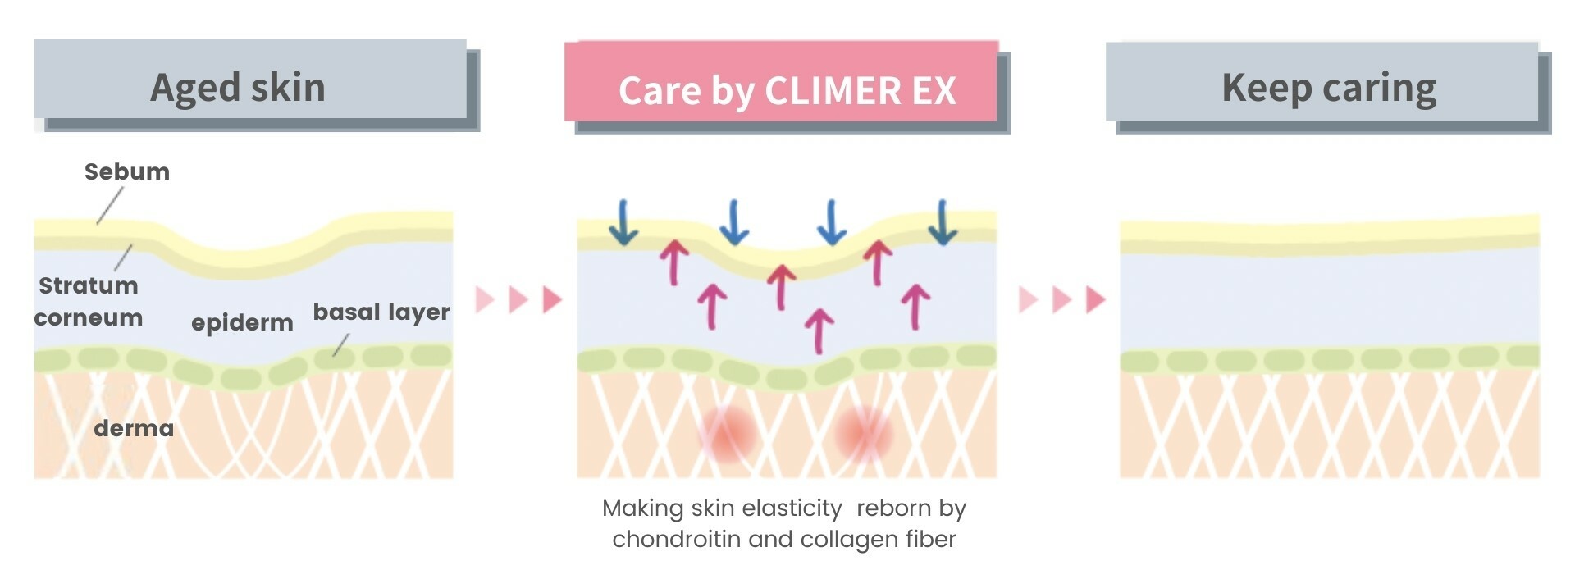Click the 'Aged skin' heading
238,87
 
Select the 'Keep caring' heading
1329,87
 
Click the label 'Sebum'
127,171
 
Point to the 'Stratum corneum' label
89,301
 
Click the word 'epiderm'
242,322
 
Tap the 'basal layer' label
381,312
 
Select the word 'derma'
134,428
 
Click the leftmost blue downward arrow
623,222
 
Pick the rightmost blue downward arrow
943,222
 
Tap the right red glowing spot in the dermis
862,433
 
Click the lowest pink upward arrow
819,331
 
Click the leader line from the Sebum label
110,205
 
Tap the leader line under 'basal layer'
340,345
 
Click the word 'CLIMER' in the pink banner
833,90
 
